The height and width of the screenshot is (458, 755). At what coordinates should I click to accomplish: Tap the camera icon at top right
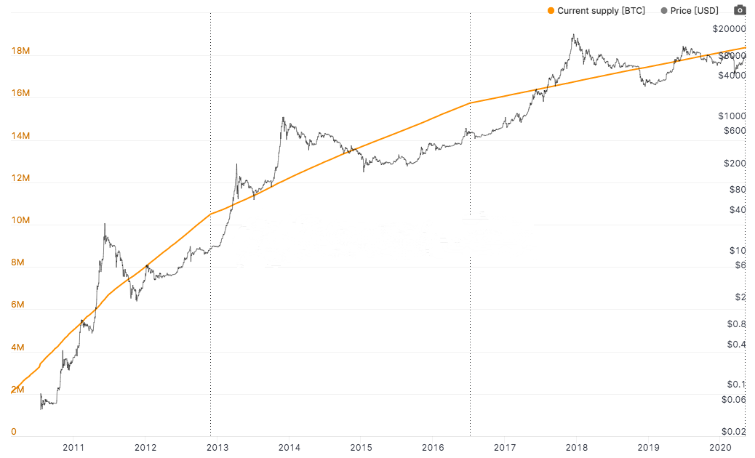tap(740, 9)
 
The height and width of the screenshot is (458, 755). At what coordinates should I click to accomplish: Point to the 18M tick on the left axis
tap(20, 52)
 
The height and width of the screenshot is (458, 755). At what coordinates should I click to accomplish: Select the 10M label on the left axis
tap(20, 220)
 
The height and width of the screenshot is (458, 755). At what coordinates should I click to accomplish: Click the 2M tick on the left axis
tap(18, 390)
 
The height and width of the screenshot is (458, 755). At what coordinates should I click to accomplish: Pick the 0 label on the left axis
tap(14, 432)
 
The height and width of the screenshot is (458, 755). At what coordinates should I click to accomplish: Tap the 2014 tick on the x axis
tap(289, 447)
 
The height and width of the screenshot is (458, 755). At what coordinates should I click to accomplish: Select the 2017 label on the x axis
tap(505, 447)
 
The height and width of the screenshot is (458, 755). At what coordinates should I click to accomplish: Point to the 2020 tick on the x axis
tap(720, 447)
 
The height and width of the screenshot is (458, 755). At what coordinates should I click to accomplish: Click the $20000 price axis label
tap(730, 29)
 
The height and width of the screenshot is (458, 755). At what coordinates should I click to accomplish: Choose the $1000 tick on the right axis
tap(732, 116)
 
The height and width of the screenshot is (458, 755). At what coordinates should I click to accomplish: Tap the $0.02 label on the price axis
tap(734, 432)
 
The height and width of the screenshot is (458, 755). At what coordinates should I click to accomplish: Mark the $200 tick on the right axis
tap(735, 164)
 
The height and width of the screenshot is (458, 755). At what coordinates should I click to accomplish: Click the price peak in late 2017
tap(575, 34)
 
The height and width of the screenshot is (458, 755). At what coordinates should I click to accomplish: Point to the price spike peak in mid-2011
tap(105, 224)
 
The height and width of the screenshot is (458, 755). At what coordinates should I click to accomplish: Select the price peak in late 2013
tap(282, 118)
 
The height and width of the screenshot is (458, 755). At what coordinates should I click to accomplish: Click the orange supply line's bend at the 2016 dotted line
tap(471, 103)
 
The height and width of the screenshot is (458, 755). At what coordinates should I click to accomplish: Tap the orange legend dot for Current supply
tap(551, 11)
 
